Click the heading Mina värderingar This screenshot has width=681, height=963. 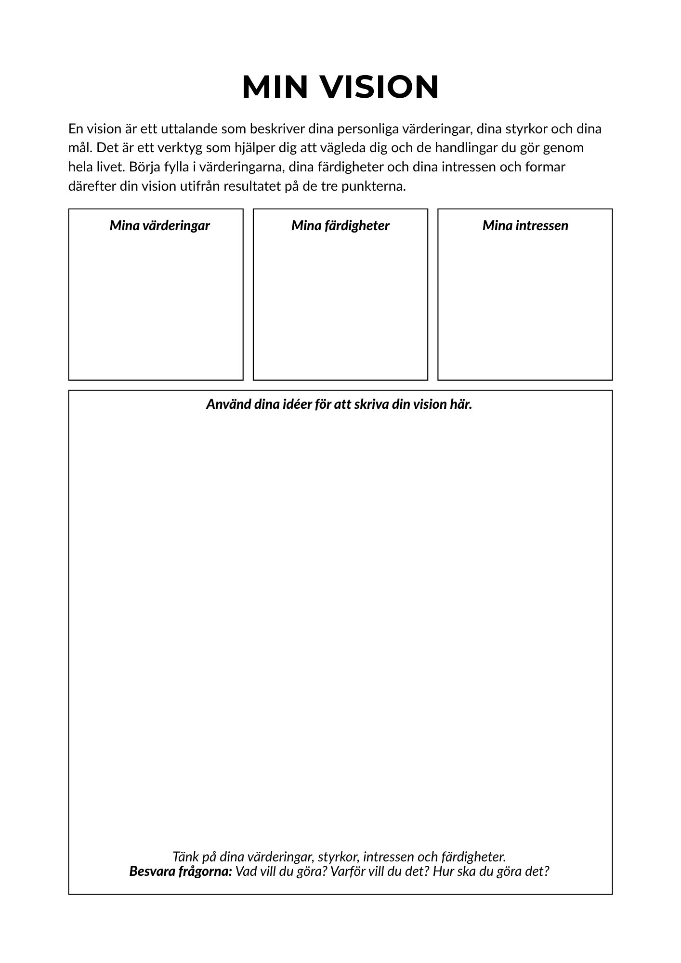[x=159, y=226]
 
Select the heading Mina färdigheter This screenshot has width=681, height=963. [x=340, y=226]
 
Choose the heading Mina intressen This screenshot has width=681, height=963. [x=525, y=226]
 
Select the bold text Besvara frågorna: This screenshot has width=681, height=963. [x=181, y=871]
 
